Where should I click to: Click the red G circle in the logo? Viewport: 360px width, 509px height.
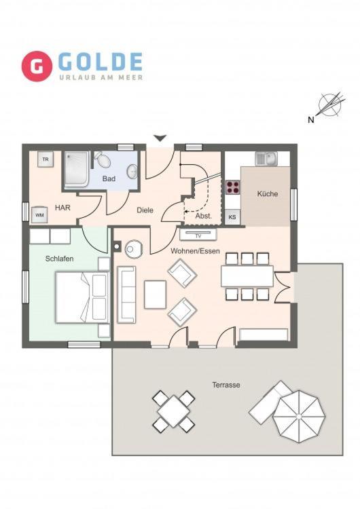[x=37, y=67]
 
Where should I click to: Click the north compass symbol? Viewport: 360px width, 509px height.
[x=331, y=105]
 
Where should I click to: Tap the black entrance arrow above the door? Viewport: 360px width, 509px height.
[x=160, y=138]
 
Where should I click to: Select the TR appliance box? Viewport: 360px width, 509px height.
[x=46, y=159]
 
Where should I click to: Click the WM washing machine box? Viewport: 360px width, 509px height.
[x=39, y=215]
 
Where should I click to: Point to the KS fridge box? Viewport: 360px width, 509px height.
[x=232, y=217]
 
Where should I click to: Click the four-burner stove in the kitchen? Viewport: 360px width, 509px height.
[x=233, y=187]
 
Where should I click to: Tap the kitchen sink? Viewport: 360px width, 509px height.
[x=266, y=159]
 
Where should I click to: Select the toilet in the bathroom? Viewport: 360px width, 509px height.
[x=103, y=159]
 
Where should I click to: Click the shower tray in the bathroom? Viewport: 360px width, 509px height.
[x=76, y=170]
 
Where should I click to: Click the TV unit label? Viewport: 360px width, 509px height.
[x=198, y=235]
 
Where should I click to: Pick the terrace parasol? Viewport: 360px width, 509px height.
[x=299, y=417]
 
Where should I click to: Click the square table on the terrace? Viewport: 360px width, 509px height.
[x=174, y=411]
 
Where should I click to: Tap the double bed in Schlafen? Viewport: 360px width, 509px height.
[x=82, y=297]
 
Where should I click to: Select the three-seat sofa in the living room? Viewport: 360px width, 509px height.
[x=126, y=295]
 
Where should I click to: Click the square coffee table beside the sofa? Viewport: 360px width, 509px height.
[x=156, y=295]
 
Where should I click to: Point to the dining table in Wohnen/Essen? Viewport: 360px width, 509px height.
[x=247, y=276]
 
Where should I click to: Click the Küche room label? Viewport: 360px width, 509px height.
[x=268, y=194]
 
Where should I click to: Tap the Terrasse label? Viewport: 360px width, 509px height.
[x=226, y=385]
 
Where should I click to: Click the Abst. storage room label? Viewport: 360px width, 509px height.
[x=204, y=216]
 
